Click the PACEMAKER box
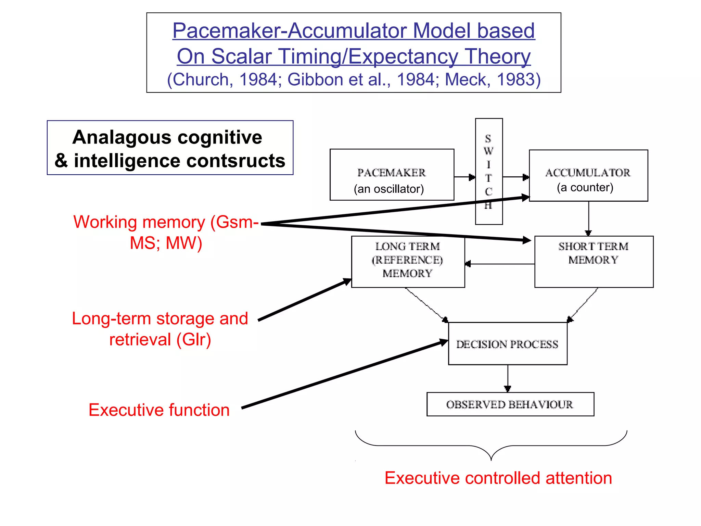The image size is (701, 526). (392, 175)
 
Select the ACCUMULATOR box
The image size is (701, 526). (588, 175)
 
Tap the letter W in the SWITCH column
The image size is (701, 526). (488, 151)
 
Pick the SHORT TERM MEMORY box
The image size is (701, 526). (594, 262)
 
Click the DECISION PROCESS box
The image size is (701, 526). (507, 344)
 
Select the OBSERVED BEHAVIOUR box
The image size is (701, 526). (510, 404)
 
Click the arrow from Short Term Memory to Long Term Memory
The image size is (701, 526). (500, 264)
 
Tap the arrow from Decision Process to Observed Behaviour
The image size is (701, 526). (508, 378)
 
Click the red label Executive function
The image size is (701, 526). (159, 410)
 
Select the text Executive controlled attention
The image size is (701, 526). (498, 478)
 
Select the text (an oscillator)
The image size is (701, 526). (389, 189)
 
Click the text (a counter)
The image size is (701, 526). (585, 188)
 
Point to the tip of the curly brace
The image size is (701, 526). (491, 460)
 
